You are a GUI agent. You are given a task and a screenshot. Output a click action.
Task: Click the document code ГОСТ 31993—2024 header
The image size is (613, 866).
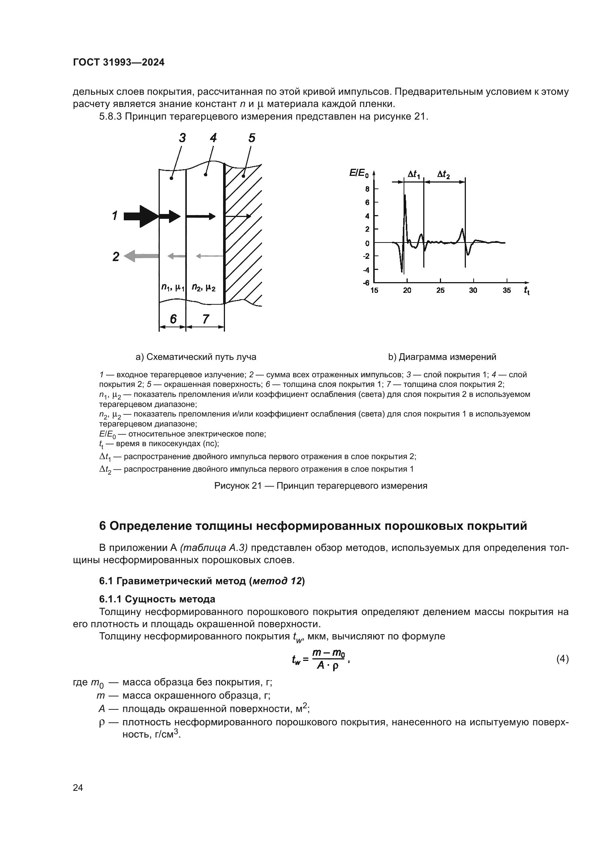click(x=119, y=63)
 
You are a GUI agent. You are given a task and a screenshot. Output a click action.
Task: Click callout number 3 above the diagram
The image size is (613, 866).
click(x=182, y=138)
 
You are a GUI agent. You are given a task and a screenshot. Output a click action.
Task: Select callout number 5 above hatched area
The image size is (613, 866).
click(x=252, y=138)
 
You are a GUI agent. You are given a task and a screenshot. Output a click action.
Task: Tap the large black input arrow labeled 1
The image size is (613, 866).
click(x=140, y=217)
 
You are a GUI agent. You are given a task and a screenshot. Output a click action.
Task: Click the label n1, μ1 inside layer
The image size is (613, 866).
click(x=172, y=288)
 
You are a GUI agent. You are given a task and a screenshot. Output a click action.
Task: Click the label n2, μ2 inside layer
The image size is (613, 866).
click(x=203, y=288)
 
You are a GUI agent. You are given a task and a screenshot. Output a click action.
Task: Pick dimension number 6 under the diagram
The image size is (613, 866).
click(x=173, y=319)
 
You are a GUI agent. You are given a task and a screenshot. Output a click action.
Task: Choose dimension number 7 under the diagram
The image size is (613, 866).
click(x=205, y=319)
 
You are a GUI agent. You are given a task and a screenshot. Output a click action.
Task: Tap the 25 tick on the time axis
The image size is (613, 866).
click(x=440, y=290)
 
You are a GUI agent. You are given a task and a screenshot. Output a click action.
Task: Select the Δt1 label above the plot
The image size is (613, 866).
click(x=414, y=175)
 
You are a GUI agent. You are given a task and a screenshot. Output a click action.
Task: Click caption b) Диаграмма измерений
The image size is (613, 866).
click(x=442, y=357)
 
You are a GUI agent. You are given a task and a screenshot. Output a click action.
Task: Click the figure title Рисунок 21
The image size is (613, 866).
click(x=321, y=486)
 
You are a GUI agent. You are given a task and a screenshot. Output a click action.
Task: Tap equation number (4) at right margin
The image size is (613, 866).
click(x=563, y=659)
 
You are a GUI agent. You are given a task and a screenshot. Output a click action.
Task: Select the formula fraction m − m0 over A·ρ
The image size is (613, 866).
click(x=328, y=660)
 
